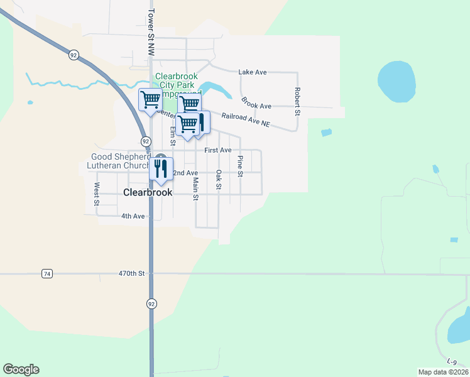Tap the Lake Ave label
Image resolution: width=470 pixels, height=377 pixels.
pyautogui.click(x=253, y=72)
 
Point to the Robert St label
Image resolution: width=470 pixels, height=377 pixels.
pyautogui.click(x=297, y=101)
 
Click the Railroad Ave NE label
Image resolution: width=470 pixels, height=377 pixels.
pyautogui.click(x=245, y=120)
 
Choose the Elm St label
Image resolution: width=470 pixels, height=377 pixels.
pyautogui.click(x=173, y=136)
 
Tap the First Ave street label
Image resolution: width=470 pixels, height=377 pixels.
pyautogui.click(x=218, y=150)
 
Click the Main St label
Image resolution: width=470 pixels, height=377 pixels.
pyautogui.click(x=195, y=188)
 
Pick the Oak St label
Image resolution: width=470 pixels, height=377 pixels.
pyautogui.click(x=218, y=179)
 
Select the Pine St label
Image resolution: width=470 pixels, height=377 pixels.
pyautogui.click(x=240, y=166)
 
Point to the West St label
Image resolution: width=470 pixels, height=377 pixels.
pyautogui.click(x=97, y=194)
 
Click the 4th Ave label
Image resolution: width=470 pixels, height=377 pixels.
pyautogui.click(x=133, y=216)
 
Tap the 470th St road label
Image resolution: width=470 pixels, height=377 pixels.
pyautogui.click(x=132, y=274)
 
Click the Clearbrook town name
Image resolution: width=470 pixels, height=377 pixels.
pyautogui.click(x=148, y=192)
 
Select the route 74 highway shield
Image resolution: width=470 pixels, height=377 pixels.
pyautogui.click(x=46, y=274)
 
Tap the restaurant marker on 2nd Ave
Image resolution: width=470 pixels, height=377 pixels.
pyautogui.click(x=161, y=168)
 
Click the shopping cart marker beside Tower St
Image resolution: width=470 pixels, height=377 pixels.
pyautogui.click(x=150, y=100)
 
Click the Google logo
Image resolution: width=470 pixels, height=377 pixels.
pyautogui.click(x=21, y=369)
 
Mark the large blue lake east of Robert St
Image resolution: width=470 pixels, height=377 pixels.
pyautogui.click(x=396, y=82)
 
